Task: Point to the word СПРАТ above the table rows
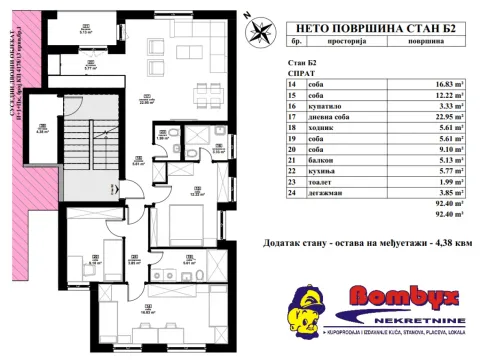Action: click(x=299, y=75)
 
